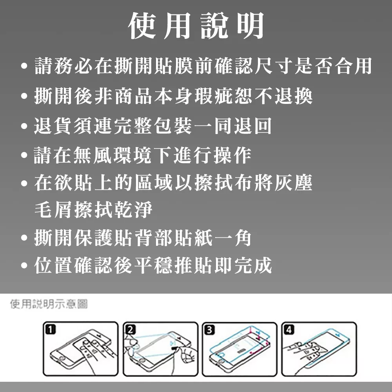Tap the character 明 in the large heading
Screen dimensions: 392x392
(x=250, y=25)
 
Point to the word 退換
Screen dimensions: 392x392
(x=294, y=96)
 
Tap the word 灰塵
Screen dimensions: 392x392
(x=294, y=183)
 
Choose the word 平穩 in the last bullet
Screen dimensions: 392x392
(x=153, y=265)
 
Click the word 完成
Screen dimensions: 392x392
(x=253, y=265)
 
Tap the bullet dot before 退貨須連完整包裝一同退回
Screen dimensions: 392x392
(x=24, y=126)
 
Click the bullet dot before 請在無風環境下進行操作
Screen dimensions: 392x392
(x=24, y=155)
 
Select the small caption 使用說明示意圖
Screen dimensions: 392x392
(x=49, y=304)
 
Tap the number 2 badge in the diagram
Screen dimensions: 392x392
(x=130, y=330)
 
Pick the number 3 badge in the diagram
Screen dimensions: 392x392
(x=209, y=330)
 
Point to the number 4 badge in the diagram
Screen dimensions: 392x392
(x=289, y=330)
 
